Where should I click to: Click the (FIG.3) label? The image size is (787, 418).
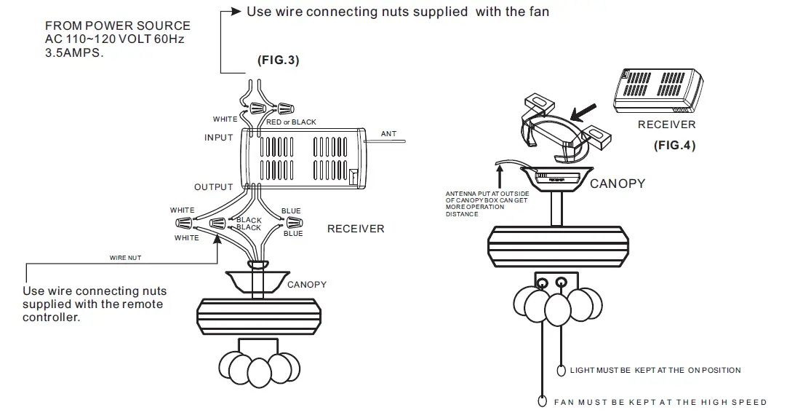click(x=278, y=60)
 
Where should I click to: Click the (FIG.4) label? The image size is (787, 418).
click(x=674, y=145)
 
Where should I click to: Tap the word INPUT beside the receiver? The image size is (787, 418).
click(x=218, y=138)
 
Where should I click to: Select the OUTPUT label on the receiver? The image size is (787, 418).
click(x=213, y=187)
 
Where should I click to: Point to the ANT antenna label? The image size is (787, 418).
click(x=388, y=134)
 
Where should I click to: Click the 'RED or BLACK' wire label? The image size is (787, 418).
click(x=291, y=122)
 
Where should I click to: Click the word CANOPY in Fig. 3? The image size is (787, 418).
click(x=306, y=284)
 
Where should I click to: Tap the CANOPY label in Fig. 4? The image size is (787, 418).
click(x=617, y=184)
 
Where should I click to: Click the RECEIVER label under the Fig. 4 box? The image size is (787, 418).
click(x=666, y=125)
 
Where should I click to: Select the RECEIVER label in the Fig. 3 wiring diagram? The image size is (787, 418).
click(x=355, y=229)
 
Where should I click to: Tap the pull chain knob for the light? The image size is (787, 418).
click(x=561, y=371)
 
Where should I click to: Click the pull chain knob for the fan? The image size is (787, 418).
click(x=542, y=401)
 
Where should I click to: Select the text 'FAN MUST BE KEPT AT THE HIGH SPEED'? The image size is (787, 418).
click(x=660, y=402)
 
